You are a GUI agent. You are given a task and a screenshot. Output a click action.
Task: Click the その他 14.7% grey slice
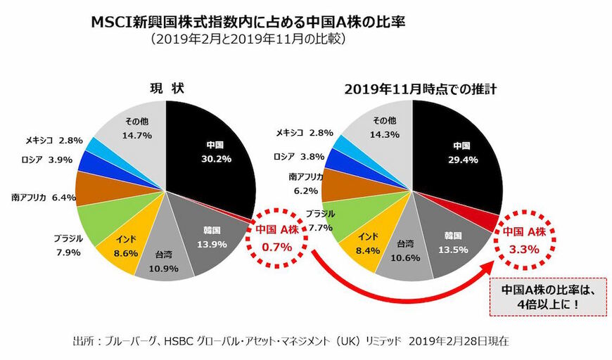point(134,127)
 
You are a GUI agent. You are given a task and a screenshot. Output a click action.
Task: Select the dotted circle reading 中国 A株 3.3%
point(521,240)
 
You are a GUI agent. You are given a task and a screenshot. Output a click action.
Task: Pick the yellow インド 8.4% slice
point(366,243)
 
